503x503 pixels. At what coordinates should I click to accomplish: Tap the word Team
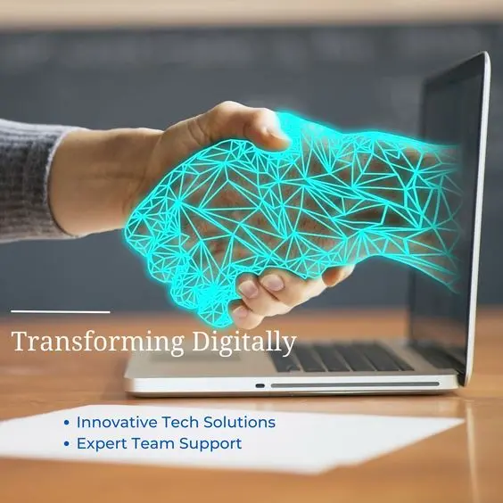click(152, 443)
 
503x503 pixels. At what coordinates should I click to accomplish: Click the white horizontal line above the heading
click(60, 312)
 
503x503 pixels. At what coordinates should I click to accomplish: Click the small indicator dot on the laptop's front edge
click(260, 385)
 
